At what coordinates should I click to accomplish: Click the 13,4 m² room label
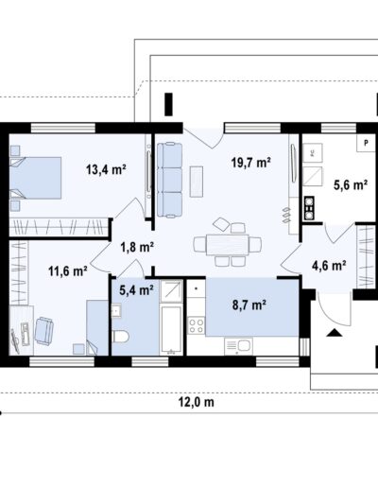coord(107,169)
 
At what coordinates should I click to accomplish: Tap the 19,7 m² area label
coord(251,163)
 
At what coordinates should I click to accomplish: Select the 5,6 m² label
coord(351,184)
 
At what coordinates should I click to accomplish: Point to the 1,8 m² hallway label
coord(137,247)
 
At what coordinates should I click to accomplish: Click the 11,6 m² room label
coord(68,270)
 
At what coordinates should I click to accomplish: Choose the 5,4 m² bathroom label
coord(136,289)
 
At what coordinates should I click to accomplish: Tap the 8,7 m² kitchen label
coord(249,305)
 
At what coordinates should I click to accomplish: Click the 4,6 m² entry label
coord(329,266)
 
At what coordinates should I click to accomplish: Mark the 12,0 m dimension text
coord(197,402)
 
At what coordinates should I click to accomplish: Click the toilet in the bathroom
coord(120,337)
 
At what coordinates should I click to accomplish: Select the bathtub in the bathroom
coord(171,329)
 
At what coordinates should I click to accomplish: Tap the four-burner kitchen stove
coord(197,326)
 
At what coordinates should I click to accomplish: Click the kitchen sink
coord(238,346)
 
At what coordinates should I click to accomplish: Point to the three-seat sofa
coord(169,180)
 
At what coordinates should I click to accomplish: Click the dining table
coord(227,245)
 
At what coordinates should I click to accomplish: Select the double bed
coord(35,178)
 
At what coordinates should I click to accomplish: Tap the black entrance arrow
coord(335,333)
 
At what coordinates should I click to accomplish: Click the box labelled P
coord(366,143)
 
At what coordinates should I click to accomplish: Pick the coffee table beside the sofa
coord(197,182)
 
